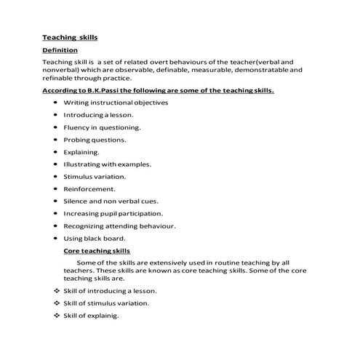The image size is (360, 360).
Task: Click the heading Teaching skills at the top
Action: pos(69,36)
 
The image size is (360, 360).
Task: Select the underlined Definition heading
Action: pos(63,50)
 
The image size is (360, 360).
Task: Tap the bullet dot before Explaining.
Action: pos(56,152)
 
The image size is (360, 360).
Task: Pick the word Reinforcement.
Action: pos(90,188)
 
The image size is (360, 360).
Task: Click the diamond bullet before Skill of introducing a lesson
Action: pos(56,291)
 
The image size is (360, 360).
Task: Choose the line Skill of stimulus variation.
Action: pos(106,303)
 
